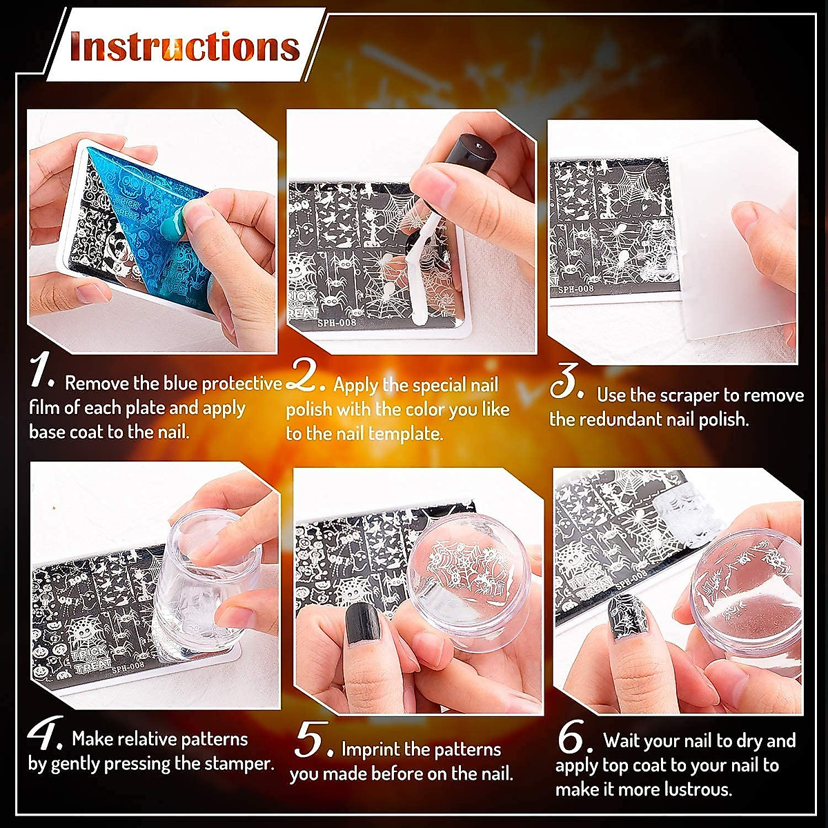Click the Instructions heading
(185, 47)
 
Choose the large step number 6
(573, 738)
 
